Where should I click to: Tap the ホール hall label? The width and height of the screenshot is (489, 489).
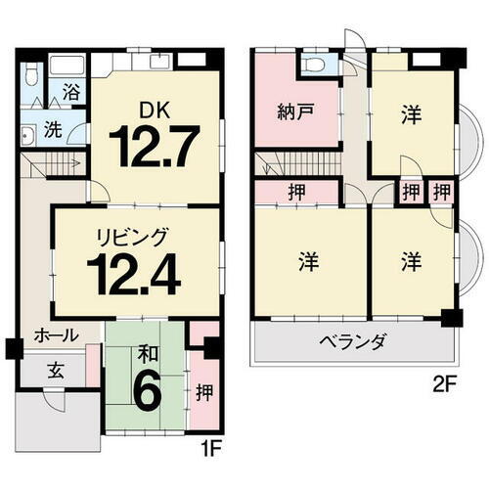pyautogui.click(x=45, y=334)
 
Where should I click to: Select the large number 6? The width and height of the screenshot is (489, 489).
pyautogui.click(x=145, y=393)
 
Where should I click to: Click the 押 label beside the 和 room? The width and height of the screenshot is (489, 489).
pyautogui.click(x=203, y=393)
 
